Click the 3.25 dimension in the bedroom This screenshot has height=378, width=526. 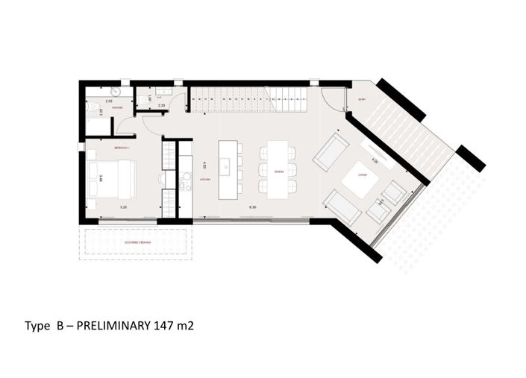click(x=124, y=207)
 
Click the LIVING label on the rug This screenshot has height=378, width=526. click(x=362, y=177)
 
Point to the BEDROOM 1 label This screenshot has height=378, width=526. click(x=122, y=148)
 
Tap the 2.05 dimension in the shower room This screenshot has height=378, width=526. click(x=109, y=101)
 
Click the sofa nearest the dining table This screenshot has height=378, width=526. click(x=328, y=152)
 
